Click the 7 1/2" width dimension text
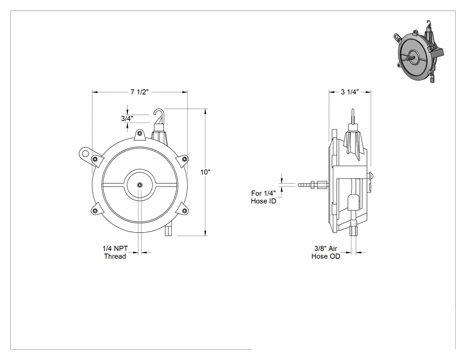[x=139, y=92]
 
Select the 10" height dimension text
[x=205, y=172]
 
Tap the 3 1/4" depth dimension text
[x=350, y=92]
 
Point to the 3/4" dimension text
[x=127, y=119]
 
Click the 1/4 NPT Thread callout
[x=115, y=252]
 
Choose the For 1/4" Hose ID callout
[x=263, y=197]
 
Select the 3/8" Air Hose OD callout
[x=326, y=252]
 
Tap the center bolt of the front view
[x=140, y=185]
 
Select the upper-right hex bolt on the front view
[x=184, y=159]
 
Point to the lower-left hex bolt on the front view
[x=95, y=211]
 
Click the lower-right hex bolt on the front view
[x=184, y=211]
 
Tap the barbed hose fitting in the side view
[x=312, y=185]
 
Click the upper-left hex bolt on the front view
[x=95, y=159]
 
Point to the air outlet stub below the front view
[x=169, y=230]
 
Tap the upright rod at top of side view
[x=353, y=117]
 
